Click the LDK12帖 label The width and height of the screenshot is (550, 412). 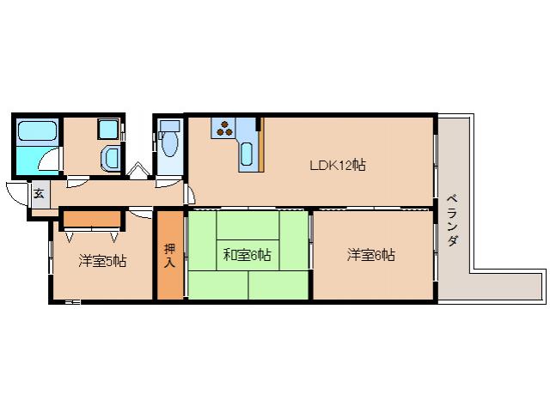click(x=338, y=165)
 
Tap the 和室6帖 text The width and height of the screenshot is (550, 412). click(x=247, y=255)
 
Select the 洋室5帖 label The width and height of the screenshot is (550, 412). click(x=103, y=260)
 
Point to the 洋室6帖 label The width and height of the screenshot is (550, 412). click(x=371, y=255)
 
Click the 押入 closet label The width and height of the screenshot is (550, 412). click(x=169, y=256)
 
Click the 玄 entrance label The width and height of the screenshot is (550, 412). click(x=39, y=193)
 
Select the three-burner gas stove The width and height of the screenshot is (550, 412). click(x=224, y=128)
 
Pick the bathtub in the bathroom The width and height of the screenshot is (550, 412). click(x=36, y=132)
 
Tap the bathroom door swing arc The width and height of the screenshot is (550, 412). click(x=54, y=161)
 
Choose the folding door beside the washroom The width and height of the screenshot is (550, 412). click(x=137, y=169)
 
